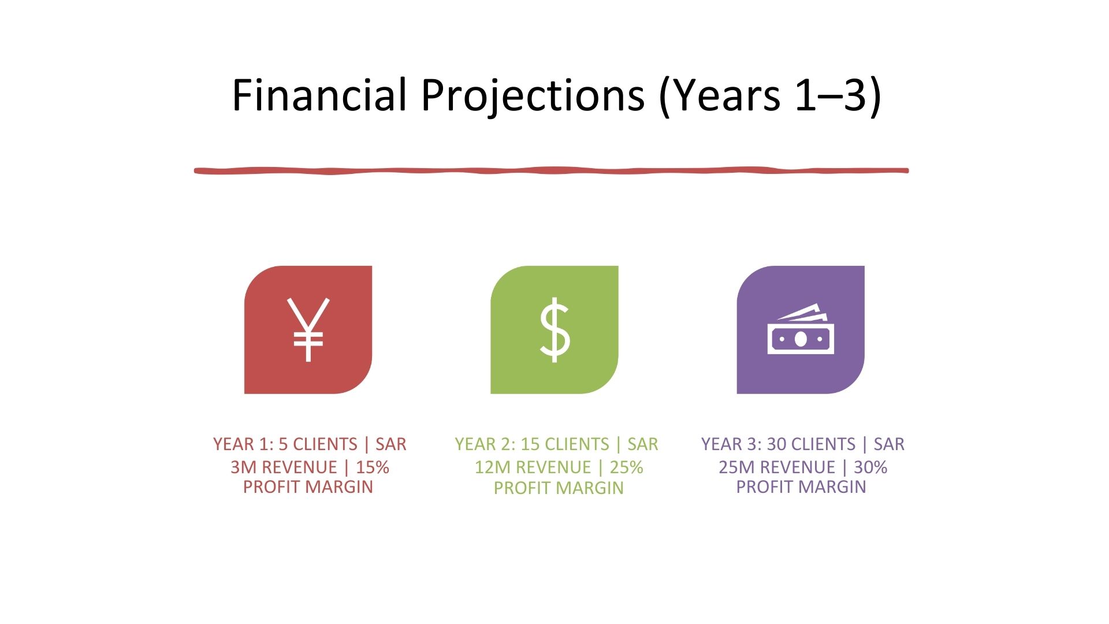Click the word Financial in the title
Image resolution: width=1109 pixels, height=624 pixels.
click(x=319, y=95)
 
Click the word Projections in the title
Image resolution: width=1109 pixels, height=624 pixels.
click(x=533, y=96)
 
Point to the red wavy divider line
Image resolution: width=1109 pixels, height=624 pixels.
click(x=552, y=170)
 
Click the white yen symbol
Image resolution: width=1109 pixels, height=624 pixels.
click(x=308, y=329)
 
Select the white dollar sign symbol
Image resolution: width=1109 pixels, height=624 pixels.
click(x=554, y=330)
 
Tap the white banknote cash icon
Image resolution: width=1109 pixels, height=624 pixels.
click(x=801, y=329)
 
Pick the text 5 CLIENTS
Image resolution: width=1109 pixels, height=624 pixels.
click(x=318, y=444)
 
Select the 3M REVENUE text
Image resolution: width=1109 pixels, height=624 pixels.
click(x=284, y=467)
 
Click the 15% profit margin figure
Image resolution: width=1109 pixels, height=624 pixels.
click(x=373, y=467)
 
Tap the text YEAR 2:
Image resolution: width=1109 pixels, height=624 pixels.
click(x=485, y=444)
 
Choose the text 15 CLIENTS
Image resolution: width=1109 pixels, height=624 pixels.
click(x=565, y=444)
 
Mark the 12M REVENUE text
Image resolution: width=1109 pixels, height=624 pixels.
click(x=533, y=467)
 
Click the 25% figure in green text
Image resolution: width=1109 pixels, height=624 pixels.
click(x=627, y=467)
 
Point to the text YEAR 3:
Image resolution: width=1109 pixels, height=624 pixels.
click(x=731, y=444)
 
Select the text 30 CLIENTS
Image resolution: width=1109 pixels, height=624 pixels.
click(x=811, y=444)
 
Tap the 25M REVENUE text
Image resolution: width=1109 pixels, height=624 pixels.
click(x=777, y=467)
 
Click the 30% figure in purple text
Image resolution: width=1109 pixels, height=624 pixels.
click(x=870, y=467)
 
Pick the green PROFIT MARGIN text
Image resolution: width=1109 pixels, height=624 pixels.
click(x=559, y=488)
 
